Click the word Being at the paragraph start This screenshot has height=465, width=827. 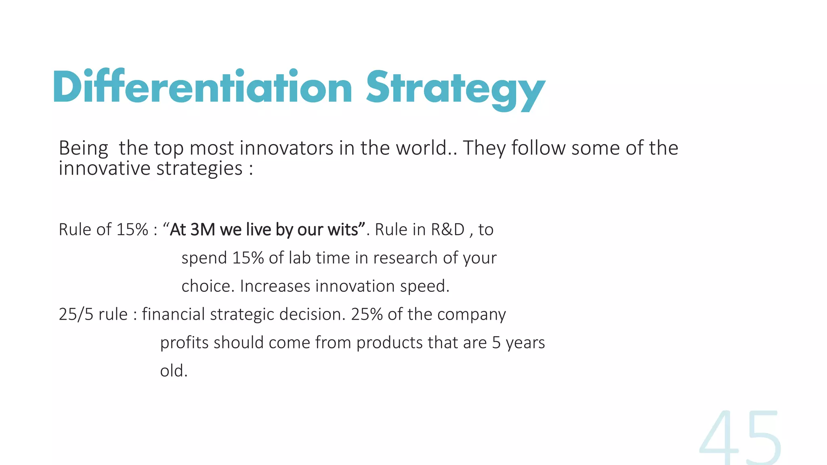pyautogui.click(x=83, y=149)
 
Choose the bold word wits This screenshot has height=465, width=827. pyautogui.click(x=343, y=230)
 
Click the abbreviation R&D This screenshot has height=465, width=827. pyautogui.click(x=448, y=230)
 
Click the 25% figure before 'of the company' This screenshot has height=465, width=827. pyautogui.click(x=367, y=314)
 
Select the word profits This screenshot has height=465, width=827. pyautogui.click(x=184, y=343)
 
